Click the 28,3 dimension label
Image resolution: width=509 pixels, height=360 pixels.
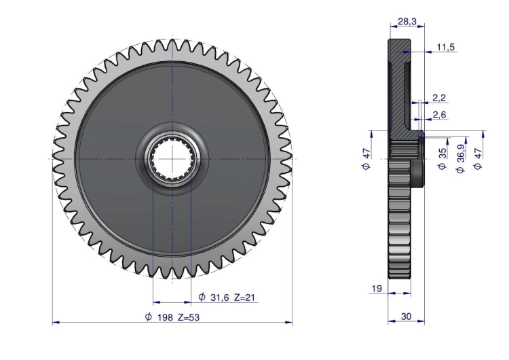[x=407, y=22]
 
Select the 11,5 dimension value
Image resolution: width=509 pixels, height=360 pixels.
[x=446, y=47]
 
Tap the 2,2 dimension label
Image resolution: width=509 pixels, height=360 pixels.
[x=439, y=98]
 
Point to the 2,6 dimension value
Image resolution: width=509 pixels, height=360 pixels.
[x=439, y=115]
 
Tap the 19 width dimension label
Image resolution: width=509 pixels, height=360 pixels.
[x=377, y=289]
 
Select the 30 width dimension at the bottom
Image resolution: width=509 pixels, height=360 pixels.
[x=406, y=316]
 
